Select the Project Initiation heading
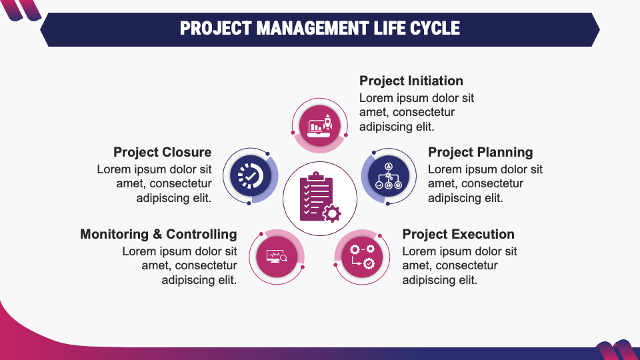click(411, 81)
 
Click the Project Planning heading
click(480, 153)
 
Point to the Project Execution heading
click(458, 234)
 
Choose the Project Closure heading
click(162, 153)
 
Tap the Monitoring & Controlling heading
click(158, 234)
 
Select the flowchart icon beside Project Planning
click(388, 175)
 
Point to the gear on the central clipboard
click(331, 213)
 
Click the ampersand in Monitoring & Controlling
click(157, 234)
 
